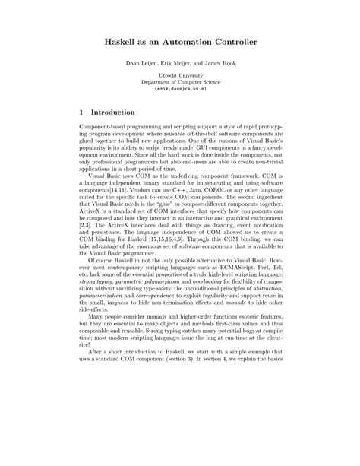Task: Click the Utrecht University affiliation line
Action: coord(179,76)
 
